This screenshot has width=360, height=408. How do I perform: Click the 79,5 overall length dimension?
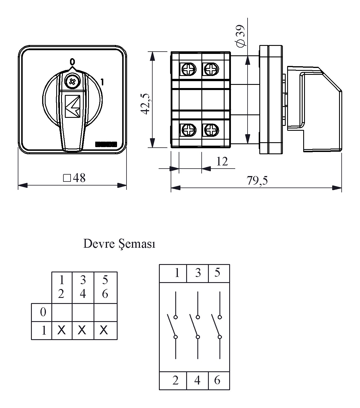[x=257, y=181]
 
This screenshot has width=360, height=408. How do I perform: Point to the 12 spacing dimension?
[x=222, y=162]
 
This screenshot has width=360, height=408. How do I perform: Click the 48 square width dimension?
[x=74, y=178]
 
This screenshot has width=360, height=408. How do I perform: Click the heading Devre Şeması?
[x=119, y=244]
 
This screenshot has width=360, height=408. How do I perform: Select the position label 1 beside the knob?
[x=102, y=82]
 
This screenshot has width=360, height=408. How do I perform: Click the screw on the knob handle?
[x=71, y=81]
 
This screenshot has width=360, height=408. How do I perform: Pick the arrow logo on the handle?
[x=73, y=106]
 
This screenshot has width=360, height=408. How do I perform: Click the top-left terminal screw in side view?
[x=189, y=69]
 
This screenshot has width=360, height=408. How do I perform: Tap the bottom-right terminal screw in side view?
[x=211, y=130]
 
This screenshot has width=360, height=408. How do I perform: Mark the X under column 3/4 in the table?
[x=82, y=330]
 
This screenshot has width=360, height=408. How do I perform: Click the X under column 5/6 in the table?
[x=104, y=330]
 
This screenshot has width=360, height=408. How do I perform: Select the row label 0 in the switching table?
[x=43, y=312]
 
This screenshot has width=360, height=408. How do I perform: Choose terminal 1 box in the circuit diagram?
[x=173, y=273]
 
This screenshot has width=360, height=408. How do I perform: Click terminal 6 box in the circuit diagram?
[x=219, y=380]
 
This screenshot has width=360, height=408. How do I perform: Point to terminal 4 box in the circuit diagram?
[x=197, y=380]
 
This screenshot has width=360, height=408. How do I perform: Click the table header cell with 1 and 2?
[x=61, y=287]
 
